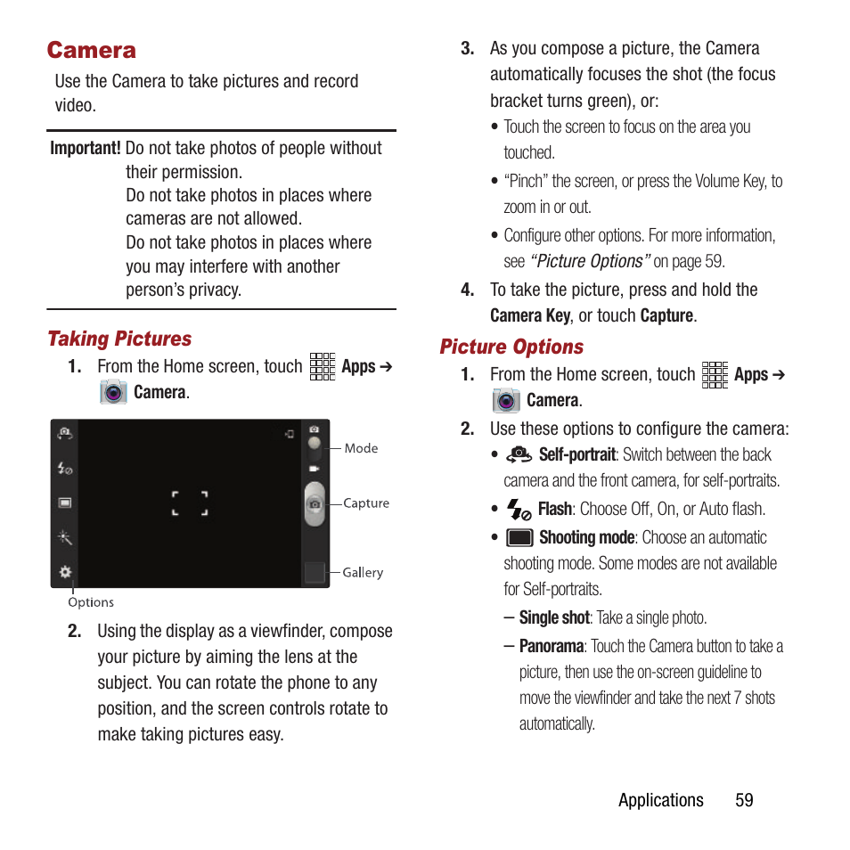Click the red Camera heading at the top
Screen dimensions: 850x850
(92, 50)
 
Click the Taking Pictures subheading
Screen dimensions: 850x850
(119, 339)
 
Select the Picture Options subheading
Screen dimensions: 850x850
(511, 347)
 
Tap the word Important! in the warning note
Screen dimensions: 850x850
(86, 149)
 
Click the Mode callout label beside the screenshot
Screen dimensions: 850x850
(361, 448)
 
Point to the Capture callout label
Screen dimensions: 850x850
(366, 503)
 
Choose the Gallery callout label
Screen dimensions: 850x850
(363, 573)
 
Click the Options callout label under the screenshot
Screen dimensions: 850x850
(91, 602)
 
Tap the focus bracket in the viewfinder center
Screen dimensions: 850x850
(190, 503)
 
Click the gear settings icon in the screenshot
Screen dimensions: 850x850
(65, 572)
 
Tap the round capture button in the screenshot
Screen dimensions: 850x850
(315, 504)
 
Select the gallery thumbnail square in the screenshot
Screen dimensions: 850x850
(315, 572)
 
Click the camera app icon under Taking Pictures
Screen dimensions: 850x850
(113, 392)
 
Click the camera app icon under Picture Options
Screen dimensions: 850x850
(506, 401)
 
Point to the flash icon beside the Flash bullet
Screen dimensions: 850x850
(519, 510)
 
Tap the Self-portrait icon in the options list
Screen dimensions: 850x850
(519, 455)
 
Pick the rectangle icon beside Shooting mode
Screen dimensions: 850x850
(519, 537)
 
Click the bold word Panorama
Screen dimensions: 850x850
(552, 646)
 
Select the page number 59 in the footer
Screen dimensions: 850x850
(744, 800)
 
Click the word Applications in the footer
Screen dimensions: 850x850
(660, 800)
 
